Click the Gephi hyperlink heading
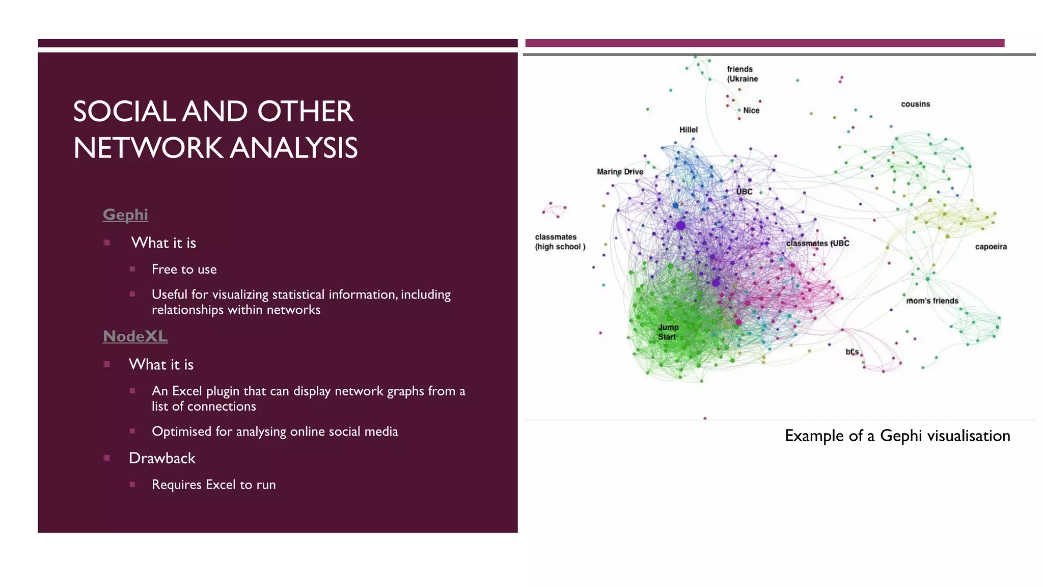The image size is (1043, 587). [125, 215]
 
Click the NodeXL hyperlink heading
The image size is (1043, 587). [135, 336]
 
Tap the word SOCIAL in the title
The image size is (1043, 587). [124, 112]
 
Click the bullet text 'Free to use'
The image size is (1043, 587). [184, 269]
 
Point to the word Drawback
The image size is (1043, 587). [162, 458]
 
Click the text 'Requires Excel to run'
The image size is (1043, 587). [213, 485]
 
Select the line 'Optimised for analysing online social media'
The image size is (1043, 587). [275, 432]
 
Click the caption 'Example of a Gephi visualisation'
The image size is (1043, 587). [897, 436]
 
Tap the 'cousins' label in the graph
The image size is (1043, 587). [915, 104]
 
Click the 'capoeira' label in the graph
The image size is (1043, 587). [991, 247]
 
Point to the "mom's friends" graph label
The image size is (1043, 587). [932, 301]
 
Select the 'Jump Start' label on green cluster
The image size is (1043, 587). [668, 332]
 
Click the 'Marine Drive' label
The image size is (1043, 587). [620, 172]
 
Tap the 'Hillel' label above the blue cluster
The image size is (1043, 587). [688, 130]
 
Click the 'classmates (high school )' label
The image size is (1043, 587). [559, 242]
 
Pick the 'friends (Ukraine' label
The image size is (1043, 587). [742, 74]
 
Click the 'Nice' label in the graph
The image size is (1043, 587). [751, 111]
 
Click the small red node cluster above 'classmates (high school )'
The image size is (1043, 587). [555, 209]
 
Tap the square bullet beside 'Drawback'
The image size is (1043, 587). [107, 458]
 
